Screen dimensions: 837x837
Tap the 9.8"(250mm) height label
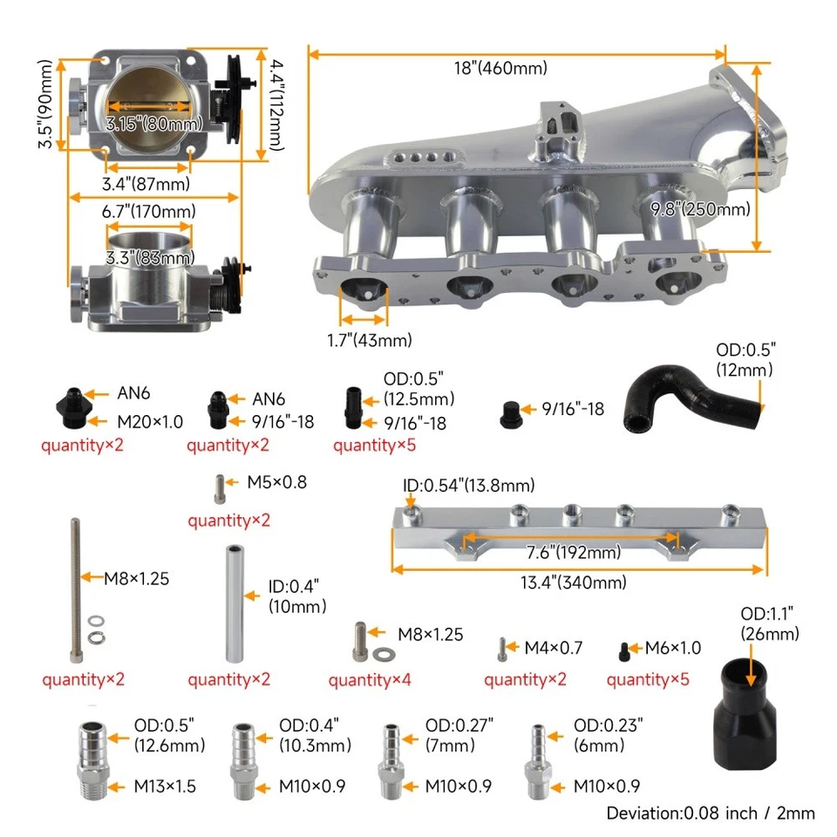click(701, 208)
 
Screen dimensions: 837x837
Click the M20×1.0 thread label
click(150, 422)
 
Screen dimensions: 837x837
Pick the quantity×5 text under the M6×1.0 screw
click(648, 678)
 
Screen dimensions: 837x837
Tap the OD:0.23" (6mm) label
click(608, 735)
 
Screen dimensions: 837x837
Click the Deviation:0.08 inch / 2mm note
click(711, 813)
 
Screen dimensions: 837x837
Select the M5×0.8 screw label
click(276, 481)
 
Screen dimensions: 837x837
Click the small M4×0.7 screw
click(502, 649)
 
